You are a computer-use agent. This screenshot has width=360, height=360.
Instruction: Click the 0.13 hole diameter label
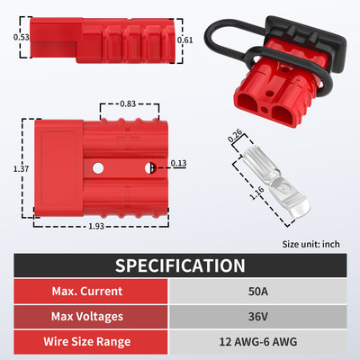click(178, 163)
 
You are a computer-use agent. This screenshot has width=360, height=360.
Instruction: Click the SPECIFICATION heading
click(180, 265)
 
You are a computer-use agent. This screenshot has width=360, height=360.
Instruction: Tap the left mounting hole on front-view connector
click(97, 167)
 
